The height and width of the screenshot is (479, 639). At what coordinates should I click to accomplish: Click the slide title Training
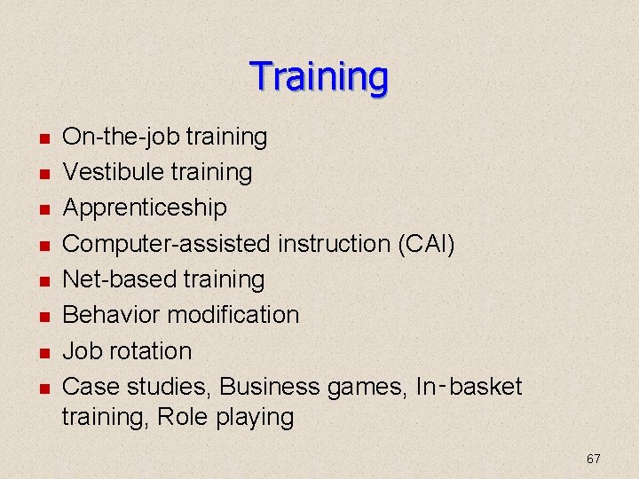pos(319,77)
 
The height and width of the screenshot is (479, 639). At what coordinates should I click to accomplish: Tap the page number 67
pos(594,459)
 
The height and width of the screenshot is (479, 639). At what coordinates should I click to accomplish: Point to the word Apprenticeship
pos(145,208)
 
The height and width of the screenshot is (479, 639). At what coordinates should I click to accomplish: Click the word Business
pos(269,387)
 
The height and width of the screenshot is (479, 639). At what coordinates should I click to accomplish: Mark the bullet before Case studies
pos(43,389)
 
